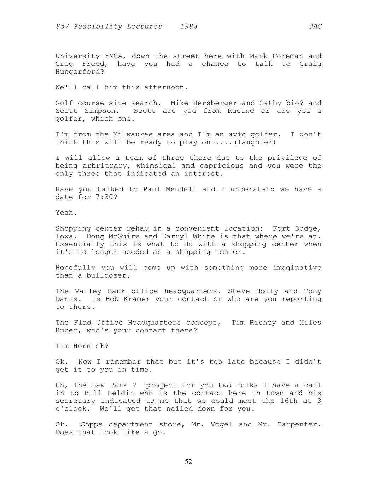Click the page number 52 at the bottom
pos(188,461)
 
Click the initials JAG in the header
pos(315,27)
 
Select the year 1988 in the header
pos(188,27)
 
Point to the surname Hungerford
pos(80,72)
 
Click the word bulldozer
pos(108,275)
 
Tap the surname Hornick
pos(91,346)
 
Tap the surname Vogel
pos(221,424)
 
